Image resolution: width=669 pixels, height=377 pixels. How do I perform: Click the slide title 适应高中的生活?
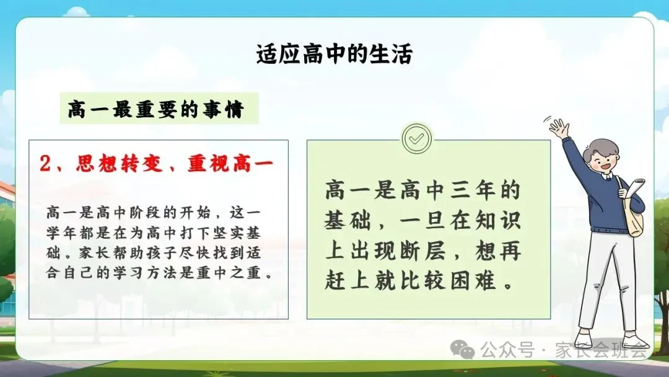point(334,54)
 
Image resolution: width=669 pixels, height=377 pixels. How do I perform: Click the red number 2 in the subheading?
point(45,164)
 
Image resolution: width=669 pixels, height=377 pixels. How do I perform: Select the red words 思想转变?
point(120,164)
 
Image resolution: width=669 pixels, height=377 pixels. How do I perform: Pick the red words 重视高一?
point(230,164)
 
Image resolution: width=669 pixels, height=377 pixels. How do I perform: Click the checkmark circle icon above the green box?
point(417,138)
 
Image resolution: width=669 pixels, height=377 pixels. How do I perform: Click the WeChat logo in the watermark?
point(463,350)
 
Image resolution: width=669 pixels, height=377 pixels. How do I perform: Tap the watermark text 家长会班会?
point(601,350)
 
